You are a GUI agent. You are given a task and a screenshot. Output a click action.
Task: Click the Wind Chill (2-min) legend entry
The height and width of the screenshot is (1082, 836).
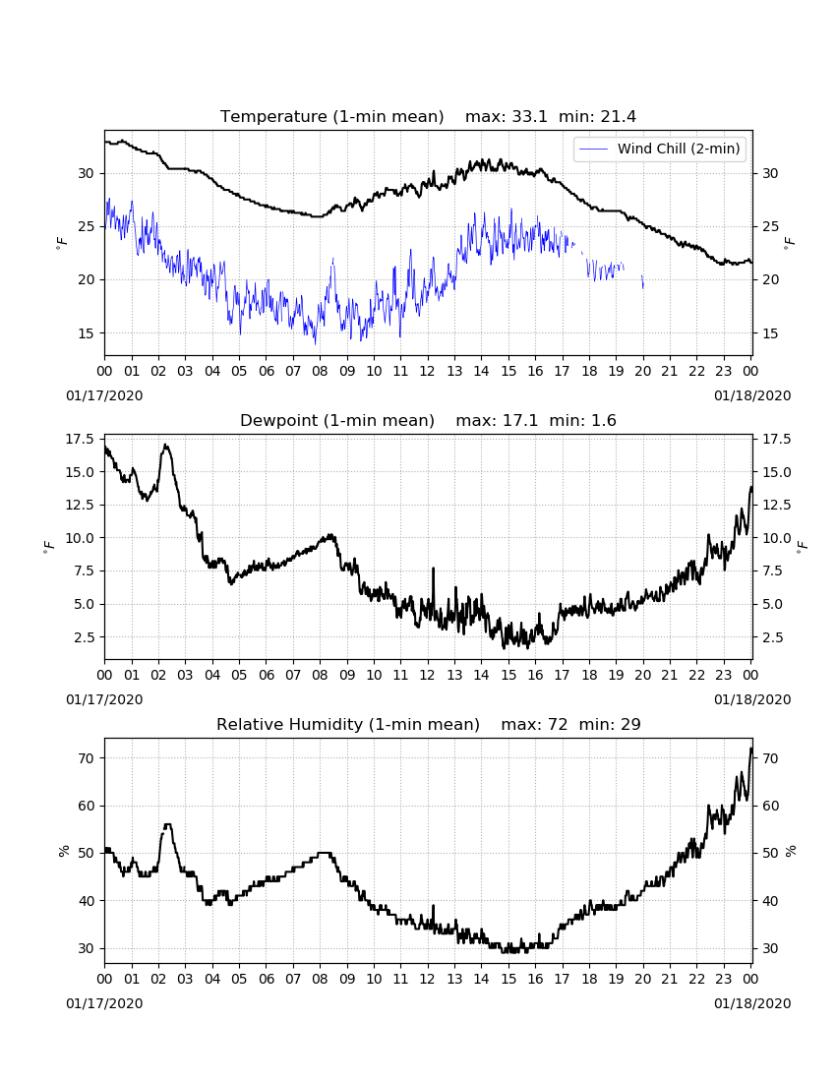[x=660, y=150]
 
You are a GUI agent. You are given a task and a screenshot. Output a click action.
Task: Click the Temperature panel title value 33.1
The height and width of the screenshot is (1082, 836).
[x=529, y=117]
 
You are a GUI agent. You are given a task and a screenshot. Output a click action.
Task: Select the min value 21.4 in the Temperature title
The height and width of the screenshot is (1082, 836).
[x=618, y=117]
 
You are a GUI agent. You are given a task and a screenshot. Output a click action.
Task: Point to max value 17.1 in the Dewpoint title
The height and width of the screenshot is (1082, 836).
[x=520, y=421]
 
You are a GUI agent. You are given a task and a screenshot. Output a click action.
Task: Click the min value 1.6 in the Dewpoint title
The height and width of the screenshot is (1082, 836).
[x=604, y=421]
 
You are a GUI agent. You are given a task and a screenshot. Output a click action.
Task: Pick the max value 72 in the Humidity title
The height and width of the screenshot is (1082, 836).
[x=558, y=725]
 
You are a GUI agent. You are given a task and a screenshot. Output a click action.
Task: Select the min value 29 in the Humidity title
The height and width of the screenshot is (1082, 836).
[x=630, y=725]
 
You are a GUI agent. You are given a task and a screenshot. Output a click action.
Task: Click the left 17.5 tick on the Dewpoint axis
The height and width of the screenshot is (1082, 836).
[x=80, y=439]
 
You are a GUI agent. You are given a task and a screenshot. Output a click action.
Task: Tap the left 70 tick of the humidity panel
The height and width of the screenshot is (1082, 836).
[x=87, y=758]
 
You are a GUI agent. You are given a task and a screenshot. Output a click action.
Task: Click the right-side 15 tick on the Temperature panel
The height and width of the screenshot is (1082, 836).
[x=770, y=333]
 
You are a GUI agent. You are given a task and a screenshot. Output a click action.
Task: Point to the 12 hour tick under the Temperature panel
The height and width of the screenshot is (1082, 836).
[x=428, y=371]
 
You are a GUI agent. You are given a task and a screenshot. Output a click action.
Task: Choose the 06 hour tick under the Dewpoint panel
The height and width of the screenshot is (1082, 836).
[x=267, y=675]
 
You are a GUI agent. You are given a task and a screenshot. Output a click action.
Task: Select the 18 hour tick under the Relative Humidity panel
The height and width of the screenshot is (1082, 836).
[x=589, y=979]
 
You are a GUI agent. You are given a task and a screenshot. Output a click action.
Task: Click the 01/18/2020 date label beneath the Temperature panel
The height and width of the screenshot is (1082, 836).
[x=752, y=396]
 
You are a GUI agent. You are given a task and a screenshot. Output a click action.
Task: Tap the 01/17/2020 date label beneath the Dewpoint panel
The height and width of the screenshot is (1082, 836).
[x=105, y=699]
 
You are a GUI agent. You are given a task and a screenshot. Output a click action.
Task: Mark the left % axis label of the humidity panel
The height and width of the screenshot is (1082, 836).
[x=64, y=851]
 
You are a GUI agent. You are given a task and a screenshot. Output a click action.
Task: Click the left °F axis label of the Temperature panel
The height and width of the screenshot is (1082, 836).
[x=61, y=242]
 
